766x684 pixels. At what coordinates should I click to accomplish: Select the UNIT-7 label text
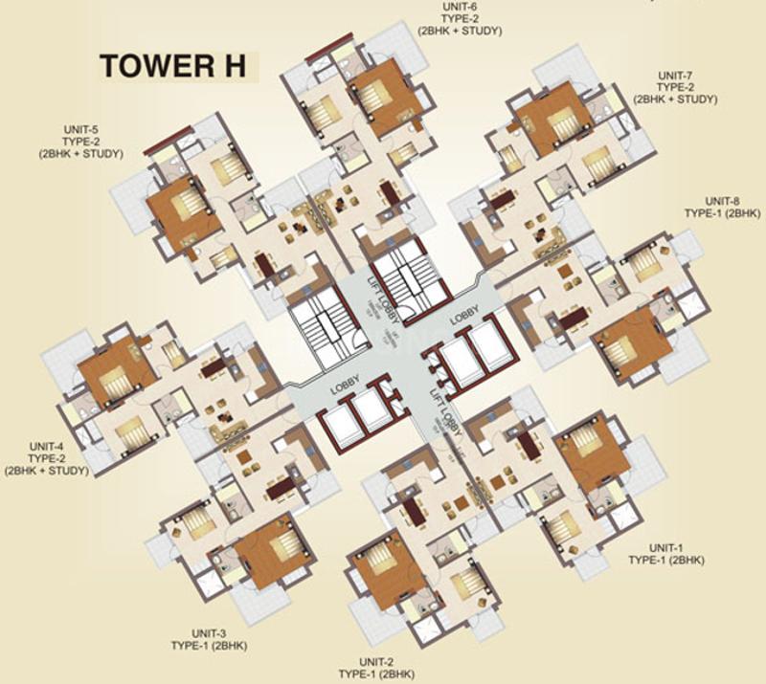click(675, 74)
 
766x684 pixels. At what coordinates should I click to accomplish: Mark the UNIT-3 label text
click(208, 633)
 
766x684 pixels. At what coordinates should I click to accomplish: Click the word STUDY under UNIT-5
click(101, 153)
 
